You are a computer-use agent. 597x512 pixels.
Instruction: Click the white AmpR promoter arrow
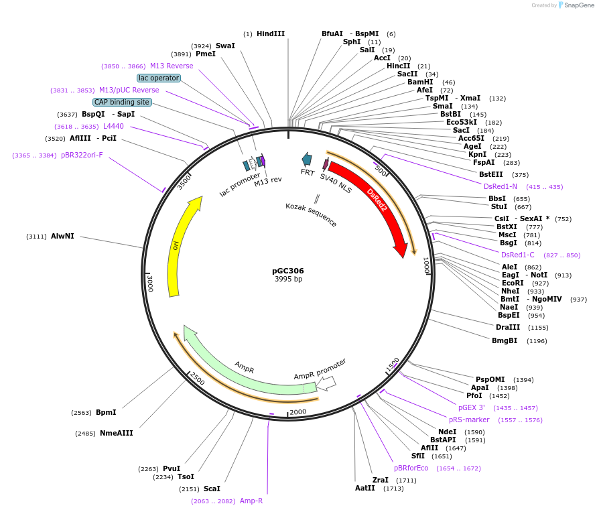(326, 383)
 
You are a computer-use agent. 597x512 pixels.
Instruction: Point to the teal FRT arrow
(307, 159)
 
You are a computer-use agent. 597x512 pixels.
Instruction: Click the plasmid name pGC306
(288, 271)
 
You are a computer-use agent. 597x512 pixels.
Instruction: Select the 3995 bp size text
(288, 279)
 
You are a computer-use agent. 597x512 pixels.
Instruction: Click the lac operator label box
(159, 78)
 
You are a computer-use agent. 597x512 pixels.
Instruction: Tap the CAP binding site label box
(122, 102)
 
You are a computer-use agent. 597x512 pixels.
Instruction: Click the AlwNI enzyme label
(62, 236)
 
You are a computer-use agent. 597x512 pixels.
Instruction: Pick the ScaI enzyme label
(212, 489)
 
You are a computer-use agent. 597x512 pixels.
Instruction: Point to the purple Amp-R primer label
(251, 501)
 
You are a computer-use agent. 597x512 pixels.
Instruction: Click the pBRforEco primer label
(411, 468)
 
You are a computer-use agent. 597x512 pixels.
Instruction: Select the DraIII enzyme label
(507, 327)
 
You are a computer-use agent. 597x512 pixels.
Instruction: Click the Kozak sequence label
(311, 214)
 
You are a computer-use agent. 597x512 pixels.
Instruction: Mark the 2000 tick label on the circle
(298, 411)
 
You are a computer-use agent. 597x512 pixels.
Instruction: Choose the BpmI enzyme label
(106, 412)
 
